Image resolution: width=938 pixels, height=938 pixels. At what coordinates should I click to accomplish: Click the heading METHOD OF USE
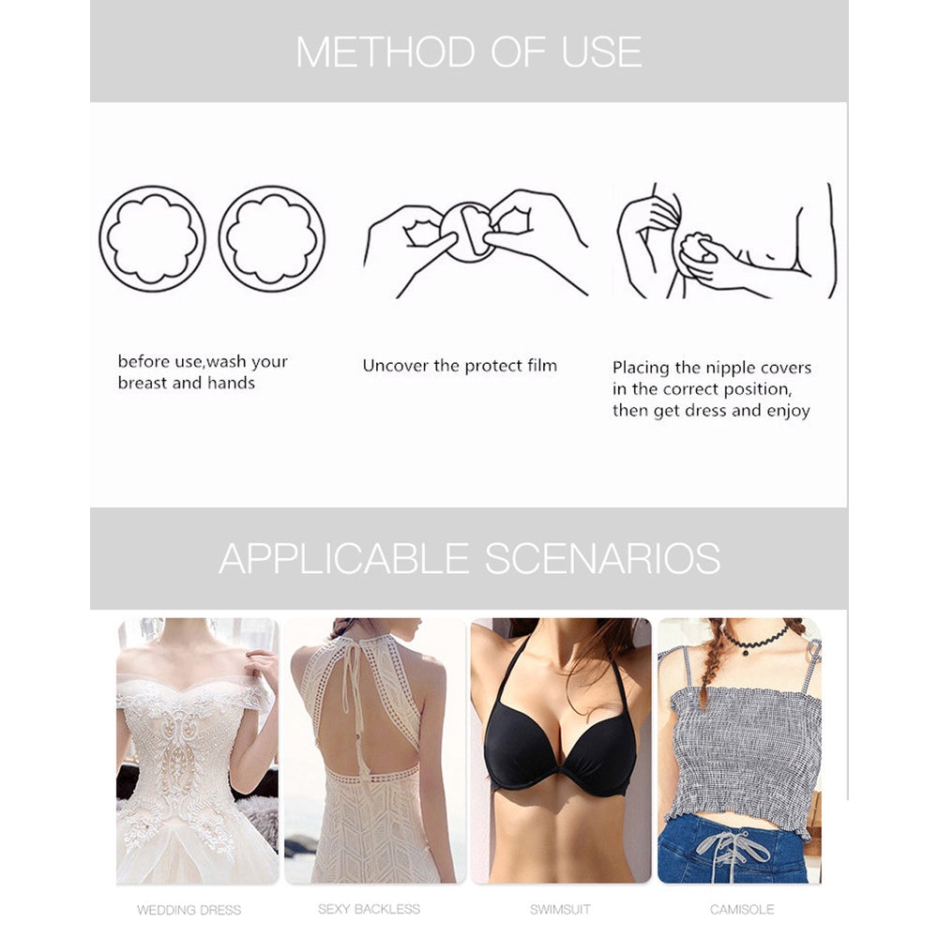click(469, 52)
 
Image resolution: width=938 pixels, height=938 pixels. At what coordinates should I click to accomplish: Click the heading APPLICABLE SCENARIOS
click(470, 559)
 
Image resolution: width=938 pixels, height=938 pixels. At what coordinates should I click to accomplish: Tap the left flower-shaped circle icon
click(152, 238)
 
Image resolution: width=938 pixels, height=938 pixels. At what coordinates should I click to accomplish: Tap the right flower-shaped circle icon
click(272, 238)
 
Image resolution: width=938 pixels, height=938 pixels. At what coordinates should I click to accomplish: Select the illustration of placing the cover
click(727, 240)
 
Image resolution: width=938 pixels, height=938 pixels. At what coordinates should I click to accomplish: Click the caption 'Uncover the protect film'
click(460, 366)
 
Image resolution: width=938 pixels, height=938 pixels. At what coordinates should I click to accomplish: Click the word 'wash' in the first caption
click(226, 362)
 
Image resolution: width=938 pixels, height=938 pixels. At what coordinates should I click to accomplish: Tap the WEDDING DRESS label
click(189, 910)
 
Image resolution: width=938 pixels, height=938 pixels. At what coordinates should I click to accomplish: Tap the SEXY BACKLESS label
click(369, 909)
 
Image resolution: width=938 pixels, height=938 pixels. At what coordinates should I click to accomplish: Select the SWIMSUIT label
click(560, 909)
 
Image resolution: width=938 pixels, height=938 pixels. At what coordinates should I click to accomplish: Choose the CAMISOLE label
click(742, 909)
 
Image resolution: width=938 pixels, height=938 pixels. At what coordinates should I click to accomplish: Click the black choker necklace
click(755, 641)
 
